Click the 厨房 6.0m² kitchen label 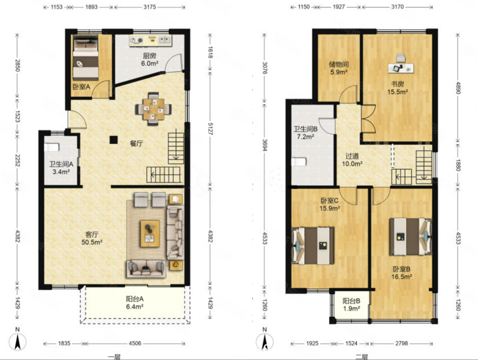pos(149,60)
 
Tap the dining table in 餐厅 pos(154,109)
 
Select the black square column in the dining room pos(114,140)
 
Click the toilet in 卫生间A pos(51,148)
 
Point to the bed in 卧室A pos(86,58)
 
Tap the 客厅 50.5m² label pos(91,238)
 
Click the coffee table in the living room pos(150,233)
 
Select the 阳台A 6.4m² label pos(135,303)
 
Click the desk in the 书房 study pos(401,68)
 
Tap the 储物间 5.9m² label pos(339,68)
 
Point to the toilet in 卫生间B pos(299,161)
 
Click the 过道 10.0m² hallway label pos(352,160)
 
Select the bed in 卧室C pos(313,246)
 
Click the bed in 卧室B pos(410,236)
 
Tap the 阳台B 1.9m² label pos(351,304)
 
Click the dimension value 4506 pos(135,343)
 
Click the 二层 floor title pos(361,357)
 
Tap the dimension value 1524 pos(351,343)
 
